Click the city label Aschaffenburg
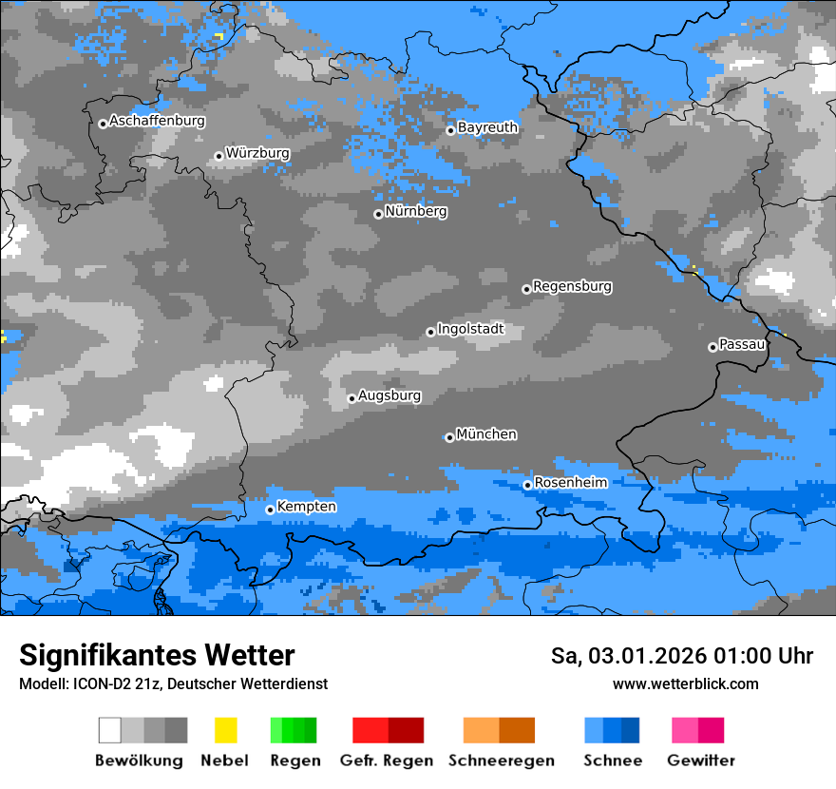pyautogui.click(x=157, y=121)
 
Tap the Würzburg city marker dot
pyautogui.click(x=218, y=156)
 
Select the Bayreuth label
pyautogui.click(x=487, y=127)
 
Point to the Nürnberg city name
pyautogui.click(x=416, y=211)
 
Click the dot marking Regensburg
pyautogui.click(x=526, y=289)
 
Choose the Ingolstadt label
pyautogui.click(x=470, y=329)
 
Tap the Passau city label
pyautogui.click(x=742, y=344)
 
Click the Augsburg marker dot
pyautogui.click(x=351, y=398)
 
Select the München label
pyautogui.click(x=486, y=434)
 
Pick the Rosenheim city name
pyautogui.click(x=570, y=482)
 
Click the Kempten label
pyautogui.click(x=306, y=507)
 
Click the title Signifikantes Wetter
pyautogui.click(x=157, y=655)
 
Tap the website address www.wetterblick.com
pyautogui.click(x=685, y=683)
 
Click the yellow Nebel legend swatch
pyautogui.click(x=225, y=730)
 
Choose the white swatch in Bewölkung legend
pyautogui.click(x=110, y=730)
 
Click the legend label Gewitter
pyautogui.click(x=700, y=760)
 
